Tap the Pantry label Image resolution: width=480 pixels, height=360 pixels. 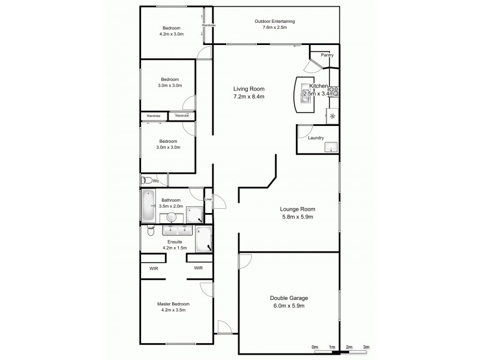tap(327, 55)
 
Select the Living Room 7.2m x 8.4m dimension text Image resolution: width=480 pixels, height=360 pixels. tap(249, 97)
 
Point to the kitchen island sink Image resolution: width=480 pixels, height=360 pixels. tap(305, 99)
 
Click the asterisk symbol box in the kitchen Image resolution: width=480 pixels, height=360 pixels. tap(332, 116)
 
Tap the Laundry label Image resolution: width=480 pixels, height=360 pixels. tap(316, 138)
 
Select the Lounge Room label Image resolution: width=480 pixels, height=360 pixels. tap(297, 209)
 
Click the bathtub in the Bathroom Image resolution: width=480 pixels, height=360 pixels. tap(148, 206)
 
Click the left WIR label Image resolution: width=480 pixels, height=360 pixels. tap(153, 268)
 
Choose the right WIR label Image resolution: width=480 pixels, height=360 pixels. tap(198, 268)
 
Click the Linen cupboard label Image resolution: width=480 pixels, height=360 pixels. tap(208, 200)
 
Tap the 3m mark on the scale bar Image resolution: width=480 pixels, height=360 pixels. tap(366, 347)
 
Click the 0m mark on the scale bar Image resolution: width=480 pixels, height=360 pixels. tap(314, 347)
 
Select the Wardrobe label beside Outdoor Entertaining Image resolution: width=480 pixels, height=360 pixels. tap(208, 26)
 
